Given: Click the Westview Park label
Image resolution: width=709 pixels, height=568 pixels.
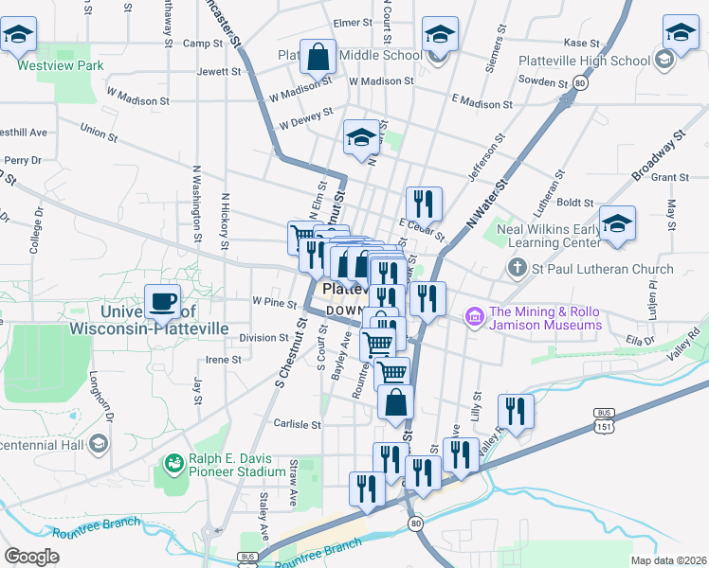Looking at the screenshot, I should click(x=60, y=66).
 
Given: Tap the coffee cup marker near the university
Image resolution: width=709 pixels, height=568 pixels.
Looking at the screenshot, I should click(x=162, y=302).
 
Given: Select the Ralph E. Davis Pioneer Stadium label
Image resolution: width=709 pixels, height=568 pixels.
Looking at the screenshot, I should click(x=236, y=464).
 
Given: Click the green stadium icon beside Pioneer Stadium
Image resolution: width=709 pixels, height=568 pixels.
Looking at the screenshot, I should click(x=173, y=463).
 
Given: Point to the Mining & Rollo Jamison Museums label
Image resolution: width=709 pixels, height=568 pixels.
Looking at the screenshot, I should click(x=545, y=318).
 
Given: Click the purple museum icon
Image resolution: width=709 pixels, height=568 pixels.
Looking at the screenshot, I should click(x=473, y=314).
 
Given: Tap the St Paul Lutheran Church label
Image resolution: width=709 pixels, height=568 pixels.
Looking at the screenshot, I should click(x=601, y=270).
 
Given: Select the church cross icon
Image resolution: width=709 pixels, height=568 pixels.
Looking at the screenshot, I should click(x=517, y=269).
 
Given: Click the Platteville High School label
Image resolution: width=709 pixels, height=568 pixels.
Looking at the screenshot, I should click(x=585, y=61).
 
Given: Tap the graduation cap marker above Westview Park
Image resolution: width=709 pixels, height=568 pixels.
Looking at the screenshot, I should click(x=18, y=35).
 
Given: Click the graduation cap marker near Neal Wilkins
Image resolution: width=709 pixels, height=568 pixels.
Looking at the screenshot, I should click(x=617, y=224).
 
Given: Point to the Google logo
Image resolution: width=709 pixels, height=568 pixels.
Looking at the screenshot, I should click(x=31, y=557).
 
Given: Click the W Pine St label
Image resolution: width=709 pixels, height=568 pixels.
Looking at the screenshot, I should click(x=275, y=302).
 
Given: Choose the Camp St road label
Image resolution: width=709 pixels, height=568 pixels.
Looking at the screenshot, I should click(x=202, y=44).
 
